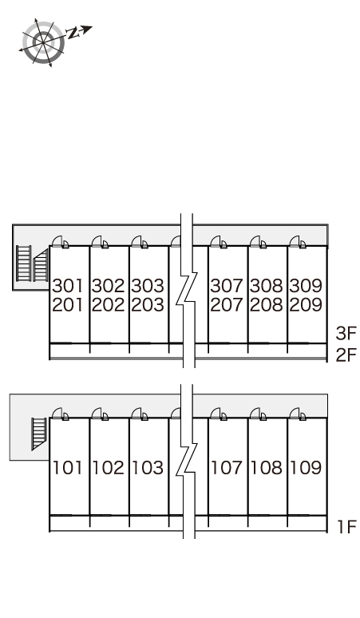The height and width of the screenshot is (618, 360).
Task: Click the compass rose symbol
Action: pyautogui.click(x=43, y=42)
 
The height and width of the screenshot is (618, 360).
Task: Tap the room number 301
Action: pyautogui.click(x=68, y=286)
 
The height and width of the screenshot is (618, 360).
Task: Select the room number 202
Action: pyautogui.click(x=108, y=305)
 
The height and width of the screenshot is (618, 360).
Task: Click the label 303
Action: pyautogui.click(x=148, y=286)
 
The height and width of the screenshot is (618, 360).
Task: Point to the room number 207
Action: pyautogui.click(x=227, y=305)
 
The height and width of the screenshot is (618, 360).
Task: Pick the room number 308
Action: pyautogui.click(x=267, y=286)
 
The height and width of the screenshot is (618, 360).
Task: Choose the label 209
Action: pyautogui.click(x=306, y=305)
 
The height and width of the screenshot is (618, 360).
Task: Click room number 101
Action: pyautogui.click(x=68, y=468)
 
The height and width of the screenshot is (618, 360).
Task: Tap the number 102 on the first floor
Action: pyautogui.click(x=109, y=468)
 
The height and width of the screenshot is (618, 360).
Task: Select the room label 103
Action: pyautogui.click(x=148, y=468)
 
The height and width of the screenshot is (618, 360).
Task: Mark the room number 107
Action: pyautogui.click(x=227, y=468)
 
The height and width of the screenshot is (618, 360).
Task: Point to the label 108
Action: pyautogui.click(x=267, y=468)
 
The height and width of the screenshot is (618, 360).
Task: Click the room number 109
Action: pyautogui.click(x=306, y=468)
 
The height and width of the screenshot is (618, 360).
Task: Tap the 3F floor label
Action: pyautogui.click(x=346, y=334)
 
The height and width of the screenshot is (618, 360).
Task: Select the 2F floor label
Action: pyautogui.click(x=346, y=355)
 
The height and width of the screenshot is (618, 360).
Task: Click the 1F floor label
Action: pyautogui.click(x=347, y=527)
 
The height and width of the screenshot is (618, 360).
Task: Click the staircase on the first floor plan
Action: pyautogui.click(x=39, y=434)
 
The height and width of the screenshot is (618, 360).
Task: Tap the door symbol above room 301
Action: pyautogui.click(x=61, y=242)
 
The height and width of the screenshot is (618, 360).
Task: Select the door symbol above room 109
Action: pyautogui.click(x=298, y=414)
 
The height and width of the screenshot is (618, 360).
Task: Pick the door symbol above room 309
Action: pyautogui.click(x=298, y=242)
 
